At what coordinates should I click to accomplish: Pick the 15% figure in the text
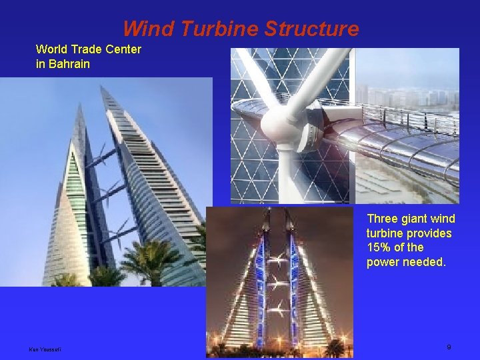point(378,248)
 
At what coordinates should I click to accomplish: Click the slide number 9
point(449,347)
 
